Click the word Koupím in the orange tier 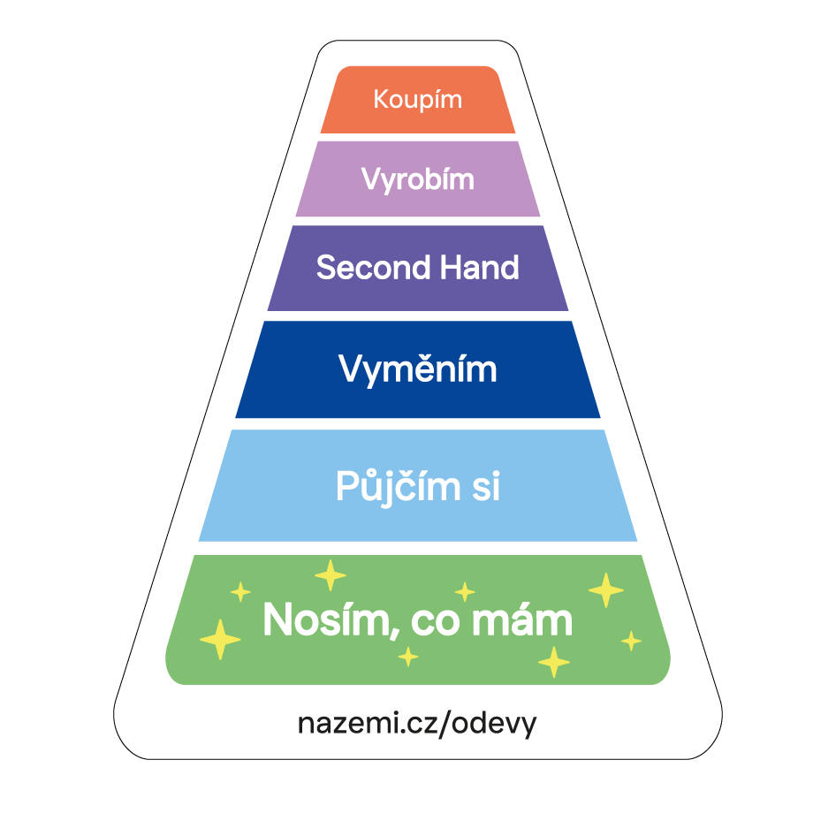click(417, 99)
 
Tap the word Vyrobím click(417, 179)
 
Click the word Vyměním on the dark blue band click(417, 369)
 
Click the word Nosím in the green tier click(320, 620)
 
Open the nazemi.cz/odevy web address click(417, 723)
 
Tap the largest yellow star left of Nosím click(220, 639)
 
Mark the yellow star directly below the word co click(407, 657)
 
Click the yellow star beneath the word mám click(554, 661)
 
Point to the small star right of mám click(631, 641)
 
